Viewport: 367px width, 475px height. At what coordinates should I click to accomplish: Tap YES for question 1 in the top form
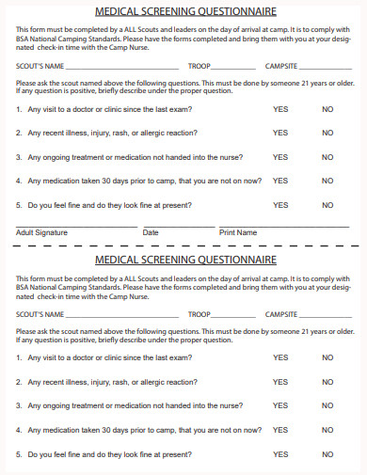pos(280,109)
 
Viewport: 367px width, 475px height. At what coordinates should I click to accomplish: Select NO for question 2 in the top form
pos(327,133)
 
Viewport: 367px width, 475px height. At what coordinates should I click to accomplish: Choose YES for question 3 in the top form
pos(280,157)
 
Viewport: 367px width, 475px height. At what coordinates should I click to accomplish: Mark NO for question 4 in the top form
pos(327,181)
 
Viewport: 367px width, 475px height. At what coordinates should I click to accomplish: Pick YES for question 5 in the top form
pos(280,205)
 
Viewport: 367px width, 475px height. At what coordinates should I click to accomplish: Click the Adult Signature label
pos(42,232)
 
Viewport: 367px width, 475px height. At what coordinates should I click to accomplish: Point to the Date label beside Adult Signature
pos(151,232)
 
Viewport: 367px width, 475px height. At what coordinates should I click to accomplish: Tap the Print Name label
pos(238,232)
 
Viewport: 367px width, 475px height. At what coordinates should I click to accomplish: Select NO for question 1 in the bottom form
pos(327,357)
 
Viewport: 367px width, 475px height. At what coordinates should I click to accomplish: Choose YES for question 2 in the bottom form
pos(280,382)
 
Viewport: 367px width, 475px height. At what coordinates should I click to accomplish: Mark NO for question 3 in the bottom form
pos(327,406)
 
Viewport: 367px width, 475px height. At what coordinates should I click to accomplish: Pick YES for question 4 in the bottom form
pos(280,430)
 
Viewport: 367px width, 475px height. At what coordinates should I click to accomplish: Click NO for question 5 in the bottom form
pos(327,454)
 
